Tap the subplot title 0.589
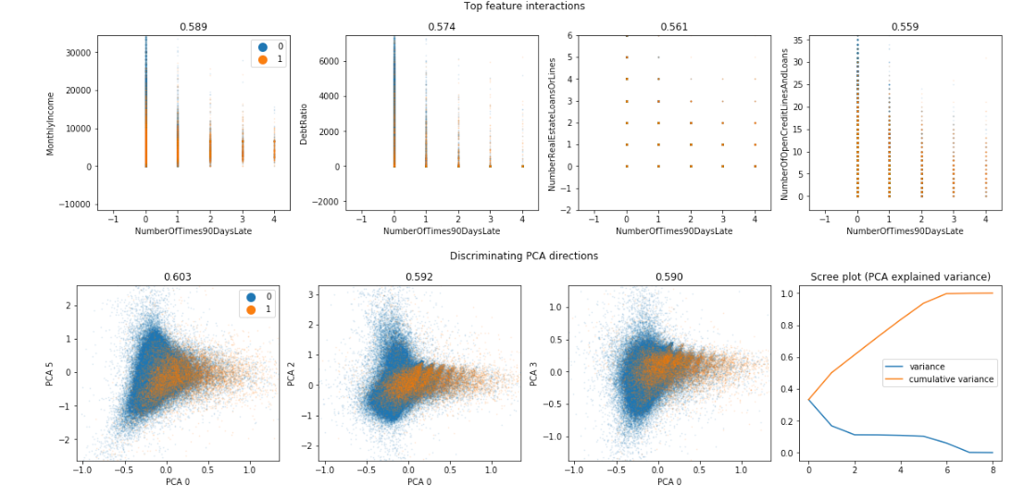(x=194, y=27)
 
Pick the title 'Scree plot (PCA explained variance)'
(x=900, y=277)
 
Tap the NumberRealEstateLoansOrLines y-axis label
(x=552, y=123)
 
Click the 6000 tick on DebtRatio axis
(x=328, y=61)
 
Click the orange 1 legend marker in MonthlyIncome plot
(x=262, y=60)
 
